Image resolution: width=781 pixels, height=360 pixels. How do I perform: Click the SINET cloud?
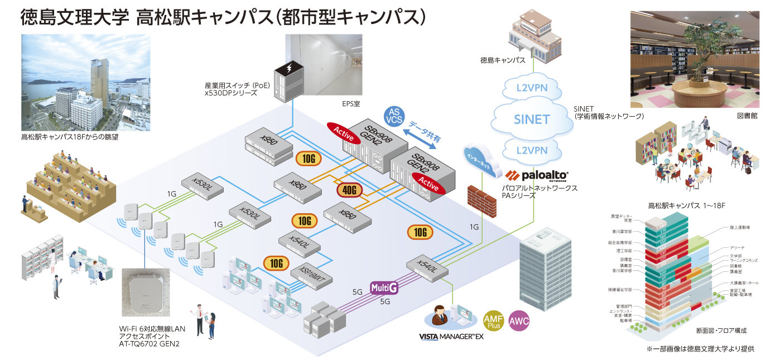tap(533, 119)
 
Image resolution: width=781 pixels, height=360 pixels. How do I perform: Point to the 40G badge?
tap(350, 190)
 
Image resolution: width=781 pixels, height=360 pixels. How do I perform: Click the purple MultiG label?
tap(384, 288)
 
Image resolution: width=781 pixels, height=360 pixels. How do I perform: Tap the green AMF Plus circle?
tap(495, 321)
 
